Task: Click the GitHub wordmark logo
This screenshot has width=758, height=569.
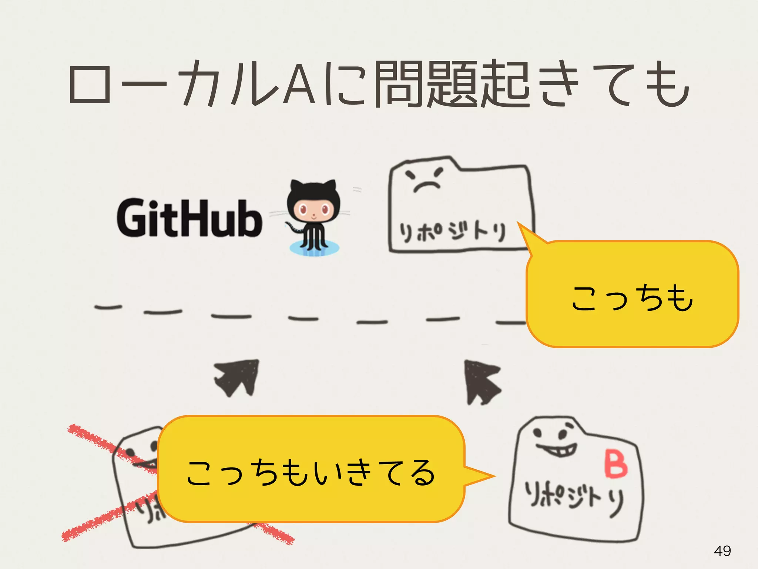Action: pyautogui.click(x=189, y=218)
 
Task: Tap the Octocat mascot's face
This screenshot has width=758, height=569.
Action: pyautogui.click(x=314, y=210)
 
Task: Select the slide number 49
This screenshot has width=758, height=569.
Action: pyautogui.click(x=722, y=551)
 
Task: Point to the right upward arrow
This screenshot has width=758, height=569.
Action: pyautogui.click(x=481, y=382)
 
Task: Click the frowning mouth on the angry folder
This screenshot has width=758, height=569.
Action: pyautogui.click(x=427, y=186)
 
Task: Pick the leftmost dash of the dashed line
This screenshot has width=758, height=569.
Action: pyautogui.click(x=108, y=307)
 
